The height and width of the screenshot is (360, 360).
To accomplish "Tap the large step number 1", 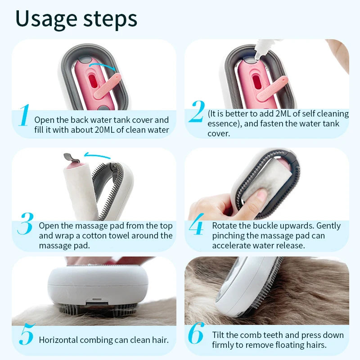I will coord(23,116).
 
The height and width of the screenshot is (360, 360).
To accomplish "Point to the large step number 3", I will coord(25,223).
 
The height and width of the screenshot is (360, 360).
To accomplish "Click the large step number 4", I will coord(196,227).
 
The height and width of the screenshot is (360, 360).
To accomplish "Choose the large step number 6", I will coord(196,333).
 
